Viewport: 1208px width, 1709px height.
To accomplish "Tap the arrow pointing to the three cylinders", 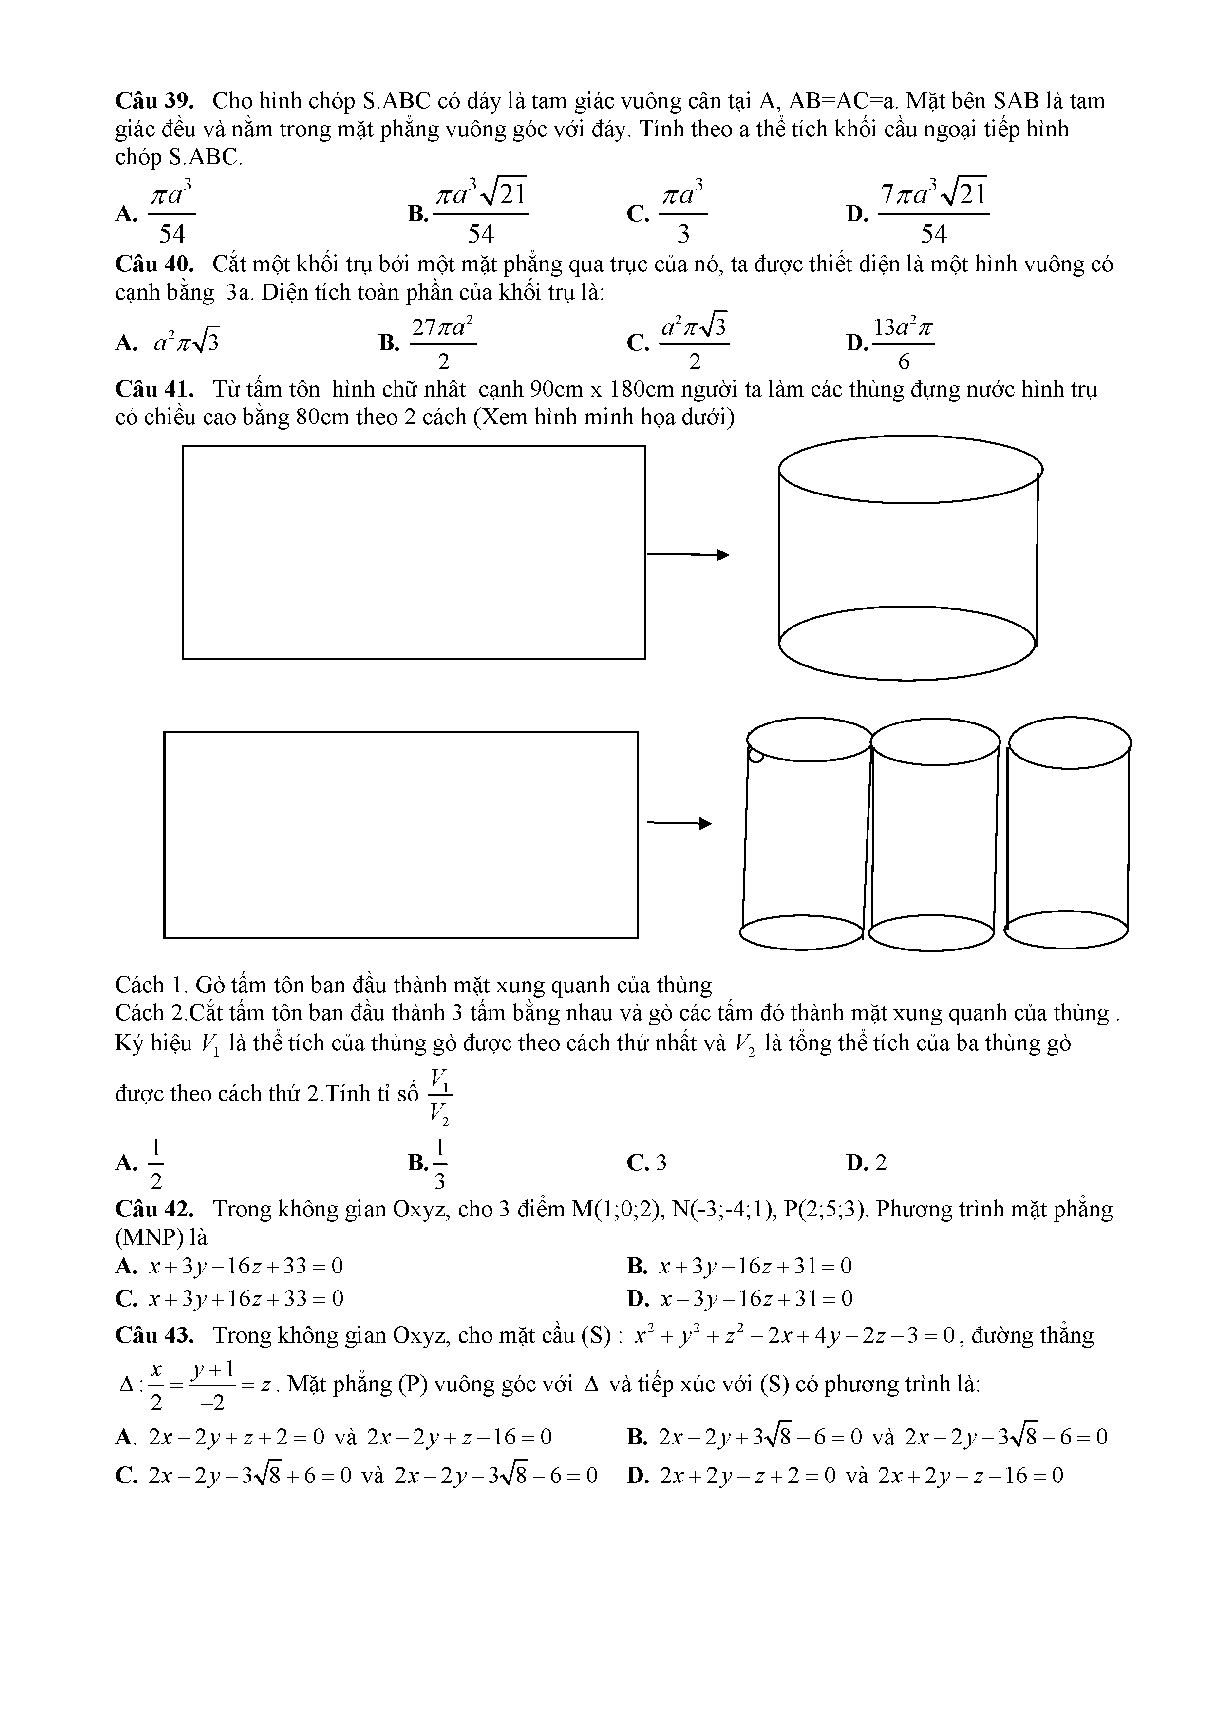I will (x=679, y=823).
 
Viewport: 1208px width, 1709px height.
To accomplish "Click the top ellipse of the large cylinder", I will (x=909, y=470).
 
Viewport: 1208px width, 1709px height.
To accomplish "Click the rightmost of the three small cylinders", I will (x=1068, y=834).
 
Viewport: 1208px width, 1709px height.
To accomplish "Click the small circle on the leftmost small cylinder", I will (x=755, y=756).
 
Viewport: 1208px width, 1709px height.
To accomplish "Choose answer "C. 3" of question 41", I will (x=647, y=1163).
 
